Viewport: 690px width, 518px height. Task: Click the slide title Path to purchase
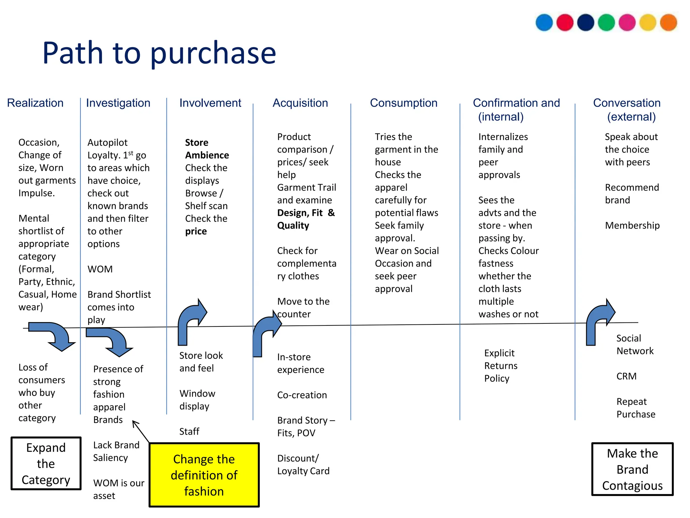[159, 53]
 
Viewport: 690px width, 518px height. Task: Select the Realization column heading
[35, 103]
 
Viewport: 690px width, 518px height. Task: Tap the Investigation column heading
[118, 103]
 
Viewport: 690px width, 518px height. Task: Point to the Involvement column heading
[210, 103]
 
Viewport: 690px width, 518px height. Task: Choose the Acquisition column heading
[300, 103]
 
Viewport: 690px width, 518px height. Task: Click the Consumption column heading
[403, 103]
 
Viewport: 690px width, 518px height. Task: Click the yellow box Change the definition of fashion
[204, 475]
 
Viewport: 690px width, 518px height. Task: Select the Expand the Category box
[46, 463]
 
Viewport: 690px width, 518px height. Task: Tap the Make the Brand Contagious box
[632, 469]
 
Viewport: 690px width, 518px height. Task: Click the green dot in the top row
[606, 23]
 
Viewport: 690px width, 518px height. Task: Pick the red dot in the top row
[565, 23]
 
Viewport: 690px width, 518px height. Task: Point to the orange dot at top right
[668, 23]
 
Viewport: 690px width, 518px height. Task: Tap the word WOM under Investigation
[100, 269]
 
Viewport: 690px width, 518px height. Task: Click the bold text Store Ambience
[207, 149]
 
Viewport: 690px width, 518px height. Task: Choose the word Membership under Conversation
[632, 225]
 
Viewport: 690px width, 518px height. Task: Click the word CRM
[626, 376]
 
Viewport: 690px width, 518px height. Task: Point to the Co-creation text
[302, 395]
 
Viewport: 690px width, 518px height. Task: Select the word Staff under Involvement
[189, 431]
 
